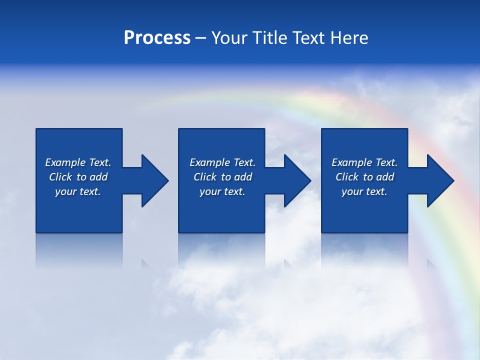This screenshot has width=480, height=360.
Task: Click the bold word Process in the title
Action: point(157,38)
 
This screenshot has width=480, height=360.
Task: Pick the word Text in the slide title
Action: point(307,38)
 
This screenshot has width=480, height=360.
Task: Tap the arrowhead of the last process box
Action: point(439,180)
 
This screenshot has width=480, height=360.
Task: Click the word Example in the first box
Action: point(65,162)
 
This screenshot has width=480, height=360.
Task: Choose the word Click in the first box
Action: point(60,177)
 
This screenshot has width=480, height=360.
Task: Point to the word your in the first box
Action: point(65,191)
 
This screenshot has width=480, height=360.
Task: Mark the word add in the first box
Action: point(98,177)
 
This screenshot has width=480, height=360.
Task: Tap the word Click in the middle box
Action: point(205,177)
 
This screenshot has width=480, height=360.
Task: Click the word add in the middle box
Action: point(243,177)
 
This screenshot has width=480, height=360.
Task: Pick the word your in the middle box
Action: point(210,191)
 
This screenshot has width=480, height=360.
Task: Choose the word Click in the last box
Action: point(347,177)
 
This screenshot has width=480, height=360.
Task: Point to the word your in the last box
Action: point(352,191)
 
